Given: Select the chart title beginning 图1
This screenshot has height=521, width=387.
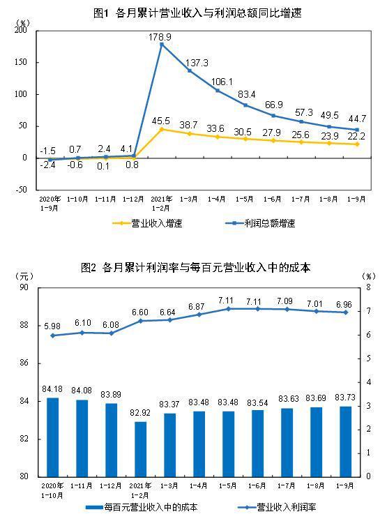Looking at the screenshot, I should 193,13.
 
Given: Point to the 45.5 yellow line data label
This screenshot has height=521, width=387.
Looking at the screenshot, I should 162,120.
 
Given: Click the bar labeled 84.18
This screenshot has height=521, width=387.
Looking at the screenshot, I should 53,437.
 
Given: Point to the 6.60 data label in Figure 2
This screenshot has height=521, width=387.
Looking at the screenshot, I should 140,312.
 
